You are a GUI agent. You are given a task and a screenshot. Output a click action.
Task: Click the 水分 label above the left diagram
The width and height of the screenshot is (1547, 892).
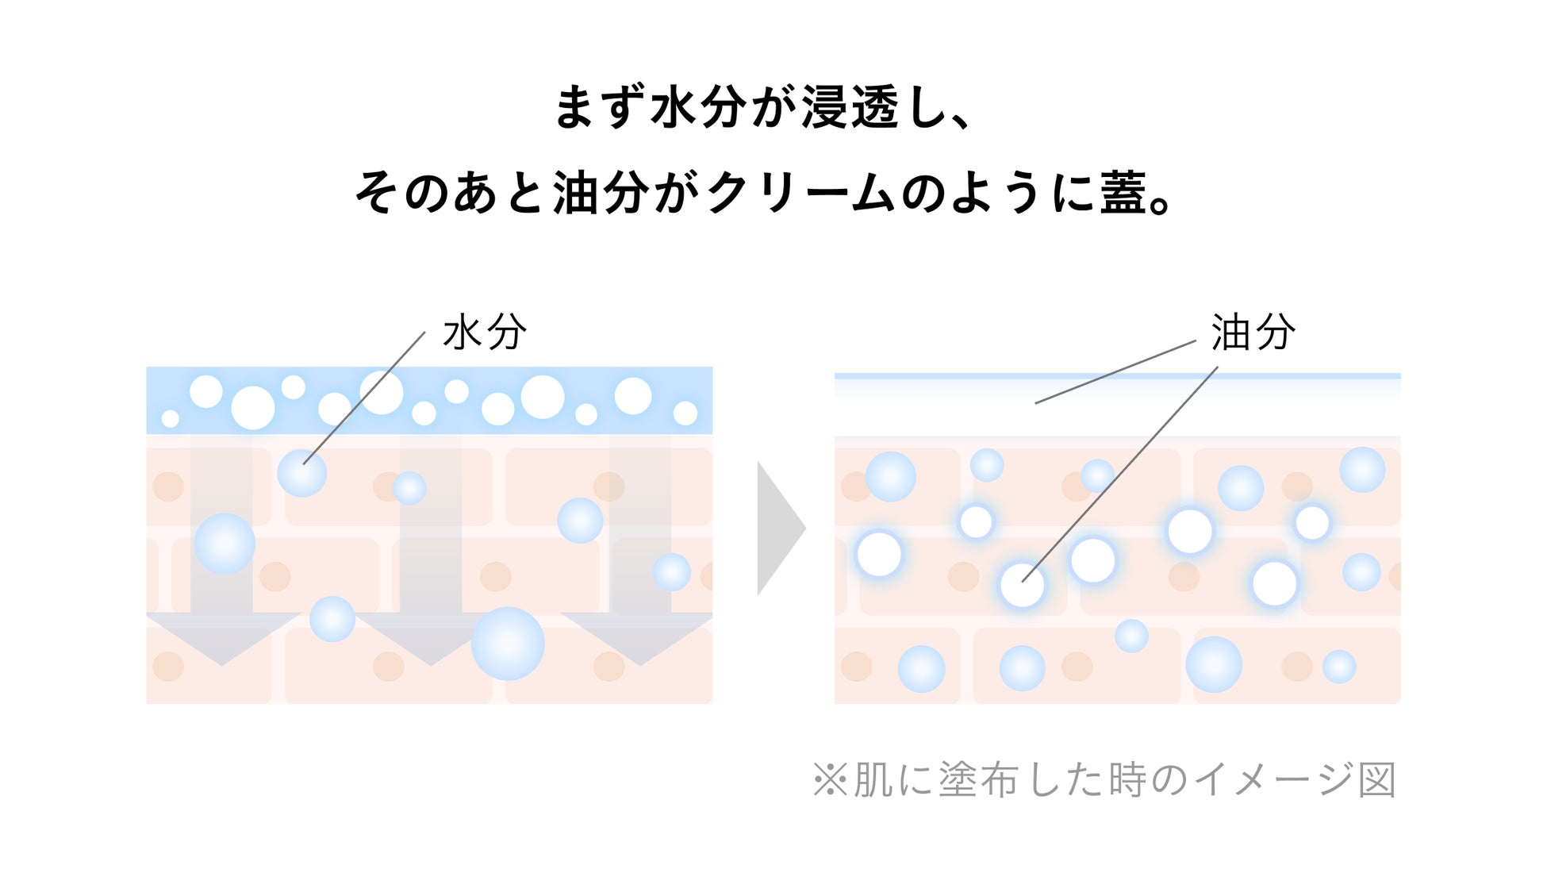(484, 332)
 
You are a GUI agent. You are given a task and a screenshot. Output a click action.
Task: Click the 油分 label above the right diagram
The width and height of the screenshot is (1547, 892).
(1253, 332)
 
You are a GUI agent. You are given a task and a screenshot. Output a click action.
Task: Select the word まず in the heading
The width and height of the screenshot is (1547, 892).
(599, 108)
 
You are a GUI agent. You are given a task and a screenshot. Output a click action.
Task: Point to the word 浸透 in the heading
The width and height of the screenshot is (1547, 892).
(850, 108)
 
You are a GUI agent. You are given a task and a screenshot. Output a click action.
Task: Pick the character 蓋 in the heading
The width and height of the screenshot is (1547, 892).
(1122, 193)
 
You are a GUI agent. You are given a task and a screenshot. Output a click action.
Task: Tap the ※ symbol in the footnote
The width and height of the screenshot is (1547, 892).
(830, 780)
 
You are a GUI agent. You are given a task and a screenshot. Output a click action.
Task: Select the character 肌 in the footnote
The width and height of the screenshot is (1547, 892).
(873, 780)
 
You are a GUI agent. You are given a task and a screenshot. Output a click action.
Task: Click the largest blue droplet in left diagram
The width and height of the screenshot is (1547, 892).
(508, 644)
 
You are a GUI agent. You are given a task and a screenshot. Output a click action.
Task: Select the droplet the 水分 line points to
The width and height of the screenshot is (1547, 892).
(301, 472)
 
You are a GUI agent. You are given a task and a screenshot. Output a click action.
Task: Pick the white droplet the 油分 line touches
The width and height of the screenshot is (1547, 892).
(1022, 585)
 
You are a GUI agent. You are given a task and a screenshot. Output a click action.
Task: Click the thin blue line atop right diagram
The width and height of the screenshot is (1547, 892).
(1117, 376)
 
